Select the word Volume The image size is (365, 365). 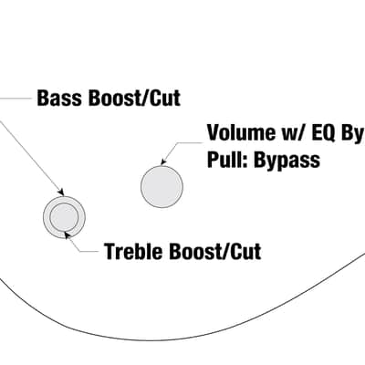point(238,132)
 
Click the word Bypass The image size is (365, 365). point(287,161)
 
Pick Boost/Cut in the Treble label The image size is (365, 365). point(214,251)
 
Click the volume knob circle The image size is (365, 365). point(162,187)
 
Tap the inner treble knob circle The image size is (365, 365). point(64,217)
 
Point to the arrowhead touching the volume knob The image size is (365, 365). point(163,162)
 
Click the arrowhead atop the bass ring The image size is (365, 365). point(61,192)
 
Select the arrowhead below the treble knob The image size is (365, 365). point(68,235)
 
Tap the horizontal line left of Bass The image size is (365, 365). point(16,99)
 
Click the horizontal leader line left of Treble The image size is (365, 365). point(89,252)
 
